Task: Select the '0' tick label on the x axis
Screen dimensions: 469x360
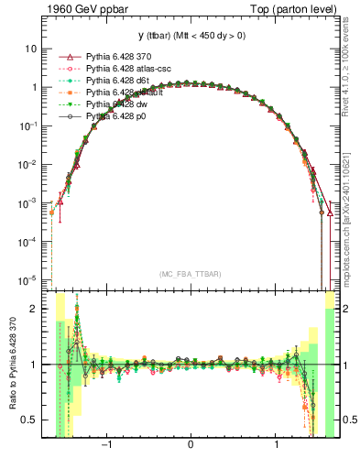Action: coord(191,446)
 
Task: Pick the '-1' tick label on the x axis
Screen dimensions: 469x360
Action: coord(106,446)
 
